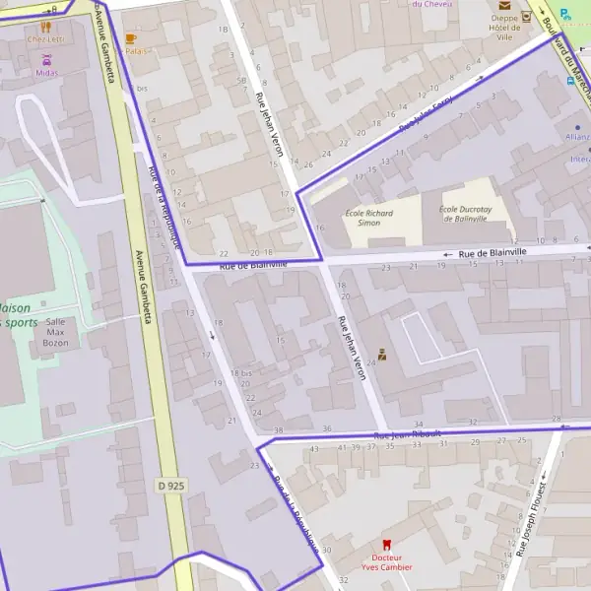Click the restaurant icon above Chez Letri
pos(44,27)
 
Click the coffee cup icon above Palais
pos(130,37)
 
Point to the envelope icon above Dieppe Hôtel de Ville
pos(503,5)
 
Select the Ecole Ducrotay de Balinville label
pos(464,214)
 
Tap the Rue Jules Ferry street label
pos(426,114)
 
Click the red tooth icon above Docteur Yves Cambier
pos(386,544)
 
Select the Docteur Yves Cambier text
pos(386,561)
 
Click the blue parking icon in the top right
pos(564,14)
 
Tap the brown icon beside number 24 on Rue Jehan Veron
pos(382,355)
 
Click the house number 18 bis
pos(242,373)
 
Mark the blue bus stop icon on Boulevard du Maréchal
pos(571,81)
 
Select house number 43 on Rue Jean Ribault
pos(314,449)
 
